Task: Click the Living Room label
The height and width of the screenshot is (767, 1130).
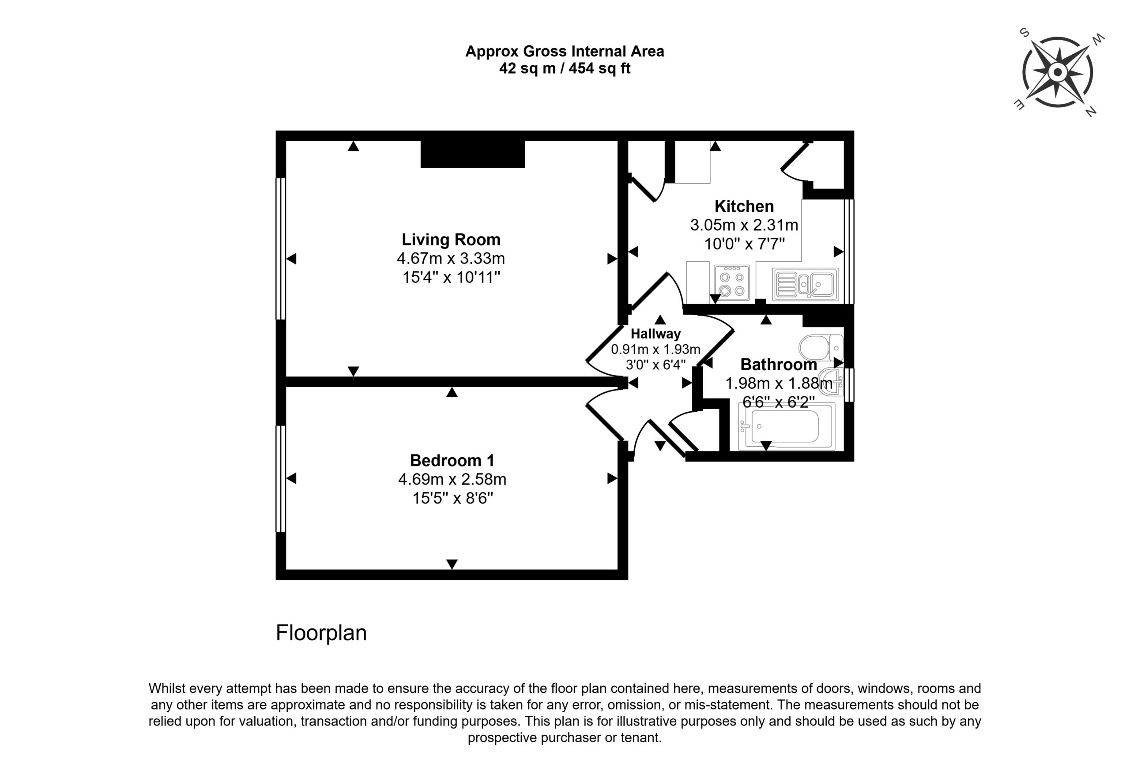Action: pos(451,240)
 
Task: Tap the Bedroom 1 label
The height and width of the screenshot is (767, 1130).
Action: pos(452,460)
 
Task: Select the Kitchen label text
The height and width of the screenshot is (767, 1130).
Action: pos(744,206)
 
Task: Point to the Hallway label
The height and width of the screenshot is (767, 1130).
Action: pos(655,334)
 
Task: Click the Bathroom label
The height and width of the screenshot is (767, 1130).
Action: pos(779,365)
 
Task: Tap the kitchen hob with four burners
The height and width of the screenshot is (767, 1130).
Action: pos(732,282)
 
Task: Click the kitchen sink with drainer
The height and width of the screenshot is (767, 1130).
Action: pos(806,284)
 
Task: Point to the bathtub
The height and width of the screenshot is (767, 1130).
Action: pos(786,426)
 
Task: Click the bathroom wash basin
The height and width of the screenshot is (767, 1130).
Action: pos(832,382)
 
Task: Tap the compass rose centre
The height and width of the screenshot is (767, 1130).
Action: pos(1058,73)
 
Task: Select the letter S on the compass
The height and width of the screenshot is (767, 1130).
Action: pos(1024,33)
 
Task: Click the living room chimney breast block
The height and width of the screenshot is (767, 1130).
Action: pos(473,154)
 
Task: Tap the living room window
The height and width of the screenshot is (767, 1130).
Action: pos(281,249)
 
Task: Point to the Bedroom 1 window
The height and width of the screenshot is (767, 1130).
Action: pos(281,479)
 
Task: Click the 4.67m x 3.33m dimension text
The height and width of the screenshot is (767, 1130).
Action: pos(451,258)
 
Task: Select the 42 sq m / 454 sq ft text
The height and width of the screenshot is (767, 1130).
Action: pos(565,68)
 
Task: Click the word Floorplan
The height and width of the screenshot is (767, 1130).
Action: pos(321,633)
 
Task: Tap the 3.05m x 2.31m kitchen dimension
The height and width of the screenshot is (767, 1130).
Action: pos(744,225)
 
